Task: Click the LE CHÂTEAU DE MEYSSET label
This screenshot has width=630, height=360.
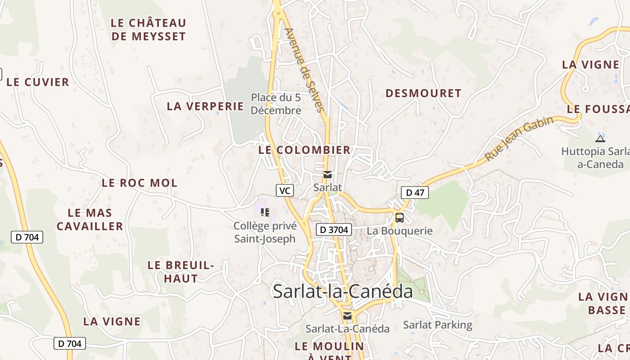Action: coord(148,29)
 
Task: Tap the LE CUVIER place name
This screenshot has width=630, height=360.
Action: coord(38,82)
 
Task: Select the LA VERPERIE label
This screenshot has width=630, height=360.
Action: coord(205,106)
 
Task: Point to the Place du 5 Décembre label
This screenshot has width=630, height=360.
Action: coord(276,104)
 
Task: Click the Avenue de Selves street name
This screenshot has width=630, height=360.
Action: coord(304,70)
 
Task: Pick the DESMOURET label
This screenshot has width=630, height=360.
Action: coord(423,93)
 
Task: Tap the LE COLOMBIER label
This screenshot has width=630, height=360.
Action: coord(304,150)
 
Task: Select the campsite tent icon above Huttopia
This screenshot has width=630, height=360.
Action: coord(600,138)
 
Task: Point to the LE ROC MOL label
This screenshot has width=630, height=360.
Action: coord(139,183)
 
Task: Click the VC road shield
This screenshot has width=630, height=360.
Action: coord(284,190)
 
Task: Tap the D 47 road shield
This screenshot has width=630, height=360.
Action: coord(414,193)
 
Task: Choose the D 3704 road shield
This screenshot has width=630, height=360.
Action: coord(333,229)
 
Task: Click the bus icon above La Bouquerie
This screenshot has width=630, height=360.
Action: coord(400,218)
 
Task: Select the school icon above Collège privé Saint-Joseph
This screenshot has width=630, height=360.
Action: coord(265,212)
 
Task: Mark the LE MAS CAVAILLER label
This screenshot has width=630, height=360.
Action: coord(90,219)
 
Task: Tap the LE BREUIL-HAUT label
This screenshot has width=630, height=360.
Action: coord(181,272)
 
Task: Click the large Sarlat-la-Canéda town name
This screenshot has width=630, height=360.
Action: coord(343,291)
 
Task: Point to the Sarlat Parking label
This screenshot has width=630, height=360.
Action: coord(437,324)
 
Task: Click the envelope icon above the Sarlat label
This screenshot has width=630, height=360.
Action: coord(328,175)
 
